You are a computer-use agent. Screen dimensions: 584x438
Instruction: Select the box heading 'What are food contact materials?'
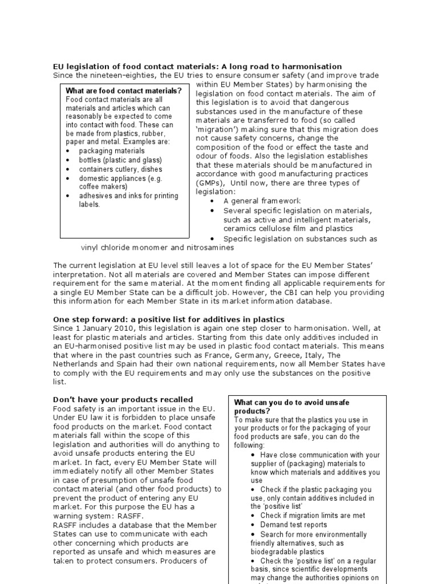click(124, 91)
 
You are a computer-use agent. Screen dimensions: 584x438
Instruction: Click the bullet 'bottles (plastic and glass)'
click(120, 160)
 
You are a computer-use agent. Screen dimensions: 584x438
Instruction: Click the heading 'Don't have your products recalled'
click(123, 399)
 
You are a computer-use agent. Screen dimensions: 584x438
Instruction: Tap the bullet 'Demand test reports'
click(294, 525)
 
